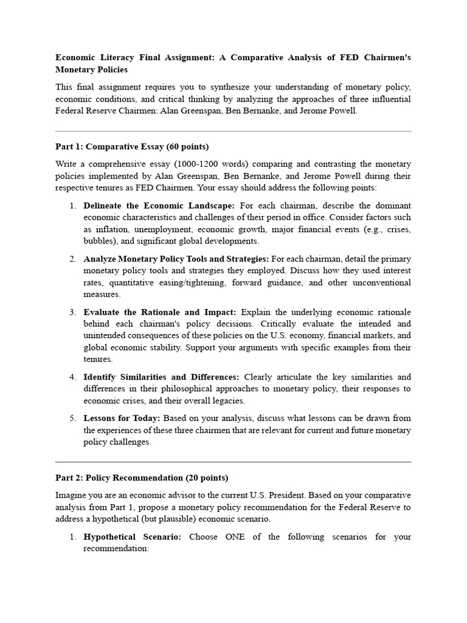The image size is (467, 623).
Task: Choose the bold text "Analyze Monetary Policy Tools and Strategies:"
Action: [x=176, y=259]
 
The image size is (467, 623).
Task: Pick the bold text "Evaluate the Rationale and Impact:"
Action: [x=160, y=312]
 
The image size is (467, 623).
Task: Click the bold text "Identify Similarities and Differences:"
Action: [x=161, y=377]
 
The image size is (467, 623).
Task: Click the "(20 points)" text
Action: [x=208, y=478]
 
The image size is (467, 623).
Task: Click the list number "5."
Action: [x=72, y=419]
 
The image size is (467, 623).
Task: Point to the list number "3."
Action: [x=72, y=312]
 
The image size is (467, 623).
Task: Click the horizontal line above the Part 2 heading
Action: [x=233, y=462]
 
